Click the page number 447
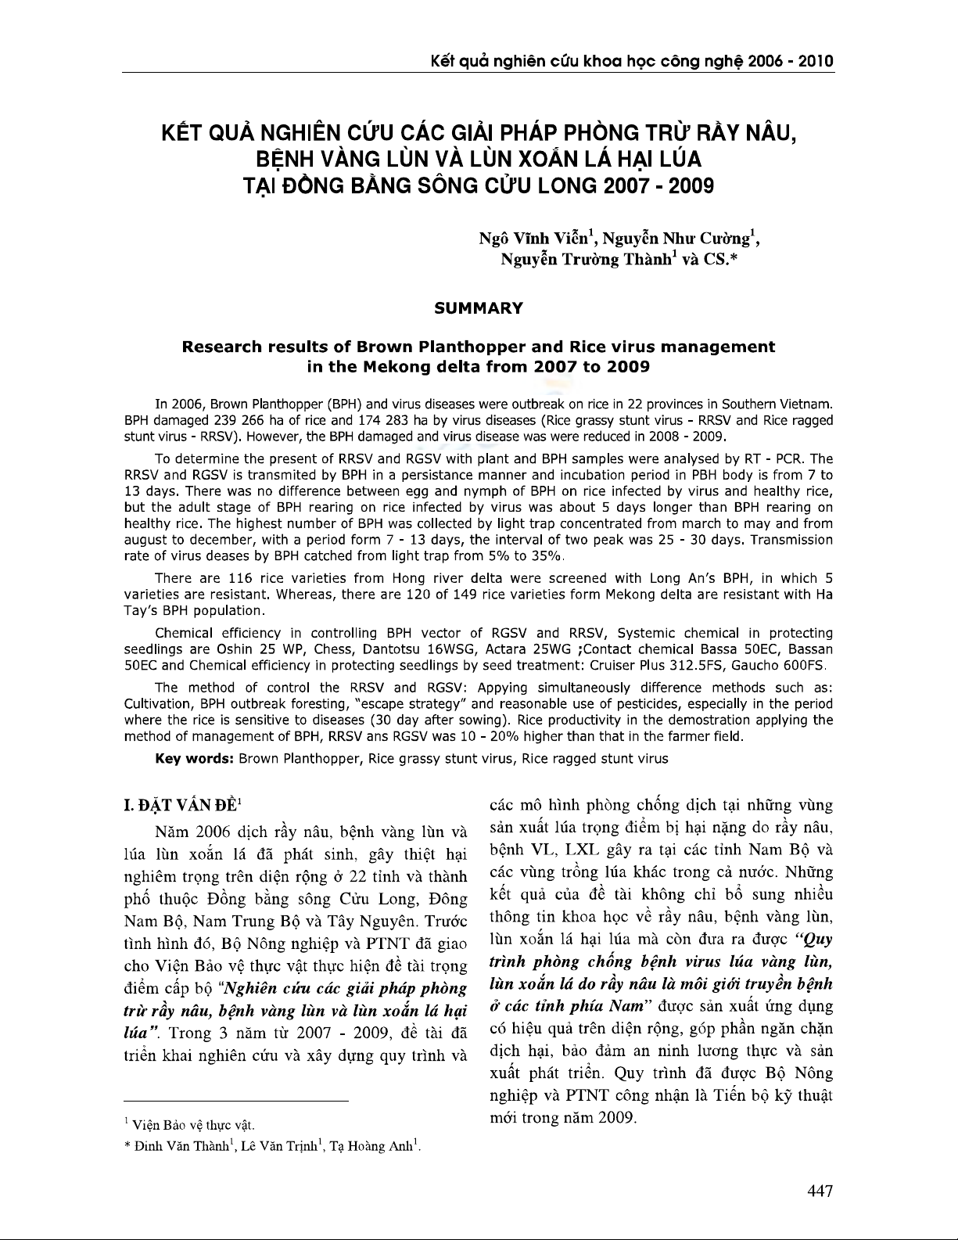point(820,1191)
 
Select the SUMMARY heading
point(478,308)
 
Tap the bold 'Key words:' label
point(195,758)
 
